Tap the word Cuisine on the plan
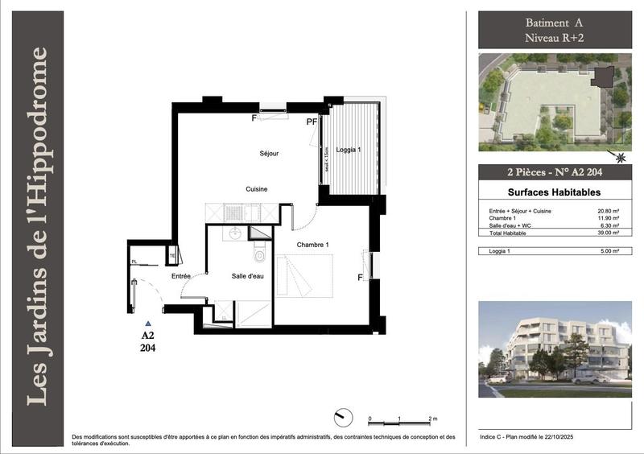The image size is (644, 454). point(257,189)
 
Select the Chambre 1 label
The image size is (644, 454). point(313,245)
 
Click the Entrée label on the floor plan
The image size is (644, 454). point(181,276)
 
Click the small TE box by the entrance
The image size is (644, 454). point(172,257)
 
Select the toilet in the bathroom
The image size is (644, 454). point(259,255)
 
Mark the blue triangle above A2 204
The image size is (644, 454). point(147,323)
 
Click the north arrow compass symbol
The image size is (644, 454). point(341,417)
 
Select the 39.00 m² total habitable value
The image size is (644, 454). point(609,233)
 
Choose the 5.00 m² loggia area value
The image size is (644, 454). point(609,252)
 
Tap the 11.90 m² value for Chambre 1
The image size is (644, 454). point(609,218)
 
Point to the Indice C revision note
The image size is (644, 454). point(532,436)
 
